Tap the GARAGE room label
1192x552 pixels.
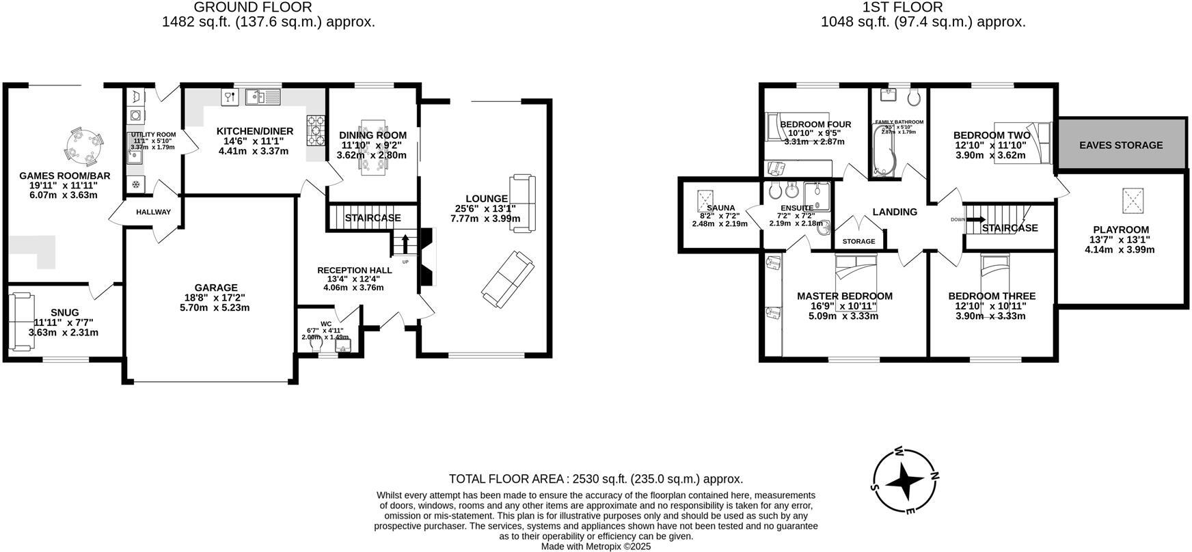coord(216,288)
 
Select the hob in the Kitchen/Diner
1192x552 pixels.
coord(315,130)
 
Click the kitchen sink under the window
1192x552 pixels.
coord(262,97)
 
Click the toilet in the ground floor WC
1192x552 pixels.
coord(316,346)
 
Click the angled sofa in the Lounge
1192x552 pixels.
coord(507,279)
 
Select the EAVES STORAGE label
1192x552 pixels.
coord(1121,145)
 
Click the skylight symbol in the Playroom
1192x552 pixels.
coord(1132,200)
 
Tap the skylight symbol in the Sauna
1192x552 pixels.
coord(704,200)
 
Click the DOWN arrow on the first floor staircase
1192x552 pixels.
coord(975,219)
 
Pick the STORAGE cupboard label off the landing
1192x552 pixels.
coord(858,241)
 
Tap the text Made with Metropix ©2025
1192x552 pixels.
coord(596,547)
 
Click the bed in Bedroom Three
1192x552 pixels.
coord(995,275)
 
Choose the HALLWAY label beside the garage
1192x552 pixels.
coord(153,212)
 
